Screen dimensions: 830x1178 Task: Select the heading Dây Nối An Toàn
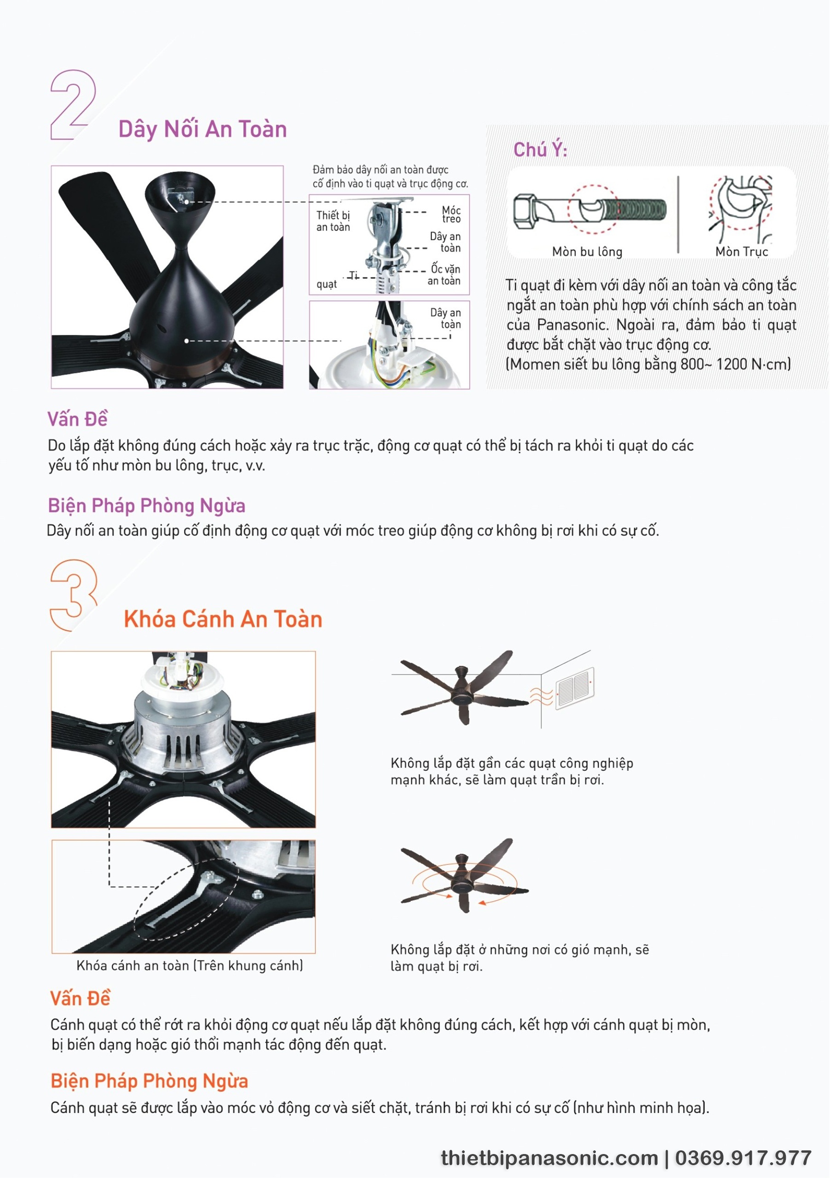pyautogui.click(x=202, y=129)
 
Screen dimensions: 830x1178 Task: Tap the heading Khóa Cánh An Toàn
pyautogui.click(x=223, y=619)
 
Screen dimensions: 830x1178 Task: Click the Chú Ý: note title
pyautogui.click(x=540, y=150)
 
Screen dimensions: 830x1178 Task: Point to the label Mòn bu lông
pyautogui.click(x=588, y=252)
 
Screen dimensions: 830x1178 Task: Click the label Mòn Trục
pyautogui.click(x=742, y=251)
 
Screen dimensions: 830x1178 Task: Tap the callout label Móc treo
pyautogui.click(x=451, y=214)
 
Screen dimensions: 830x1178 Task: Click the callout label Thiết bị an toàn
pyautogui.click(x=333, y=221)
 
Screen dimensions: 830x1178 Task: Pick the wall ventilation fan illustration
pyautogui.click(x=575, y=688)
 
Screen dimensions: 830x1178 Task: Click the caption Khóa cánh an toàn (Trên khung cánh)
pyautogui.click(x=190, y=965)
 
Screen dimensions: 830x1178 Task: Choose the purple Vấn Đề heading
pyautogui.click(x=77, y=419)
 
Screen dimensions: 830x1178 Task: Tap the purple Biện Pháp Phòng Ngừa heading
pyautogui.click(x=147, y=506)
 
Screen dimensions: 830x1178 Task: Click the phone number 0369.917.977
pyautogui.click(x=744, y=1158)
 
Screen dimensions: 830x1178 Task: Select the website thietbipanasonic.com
pyautogui.click(x=549, y=1159)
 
